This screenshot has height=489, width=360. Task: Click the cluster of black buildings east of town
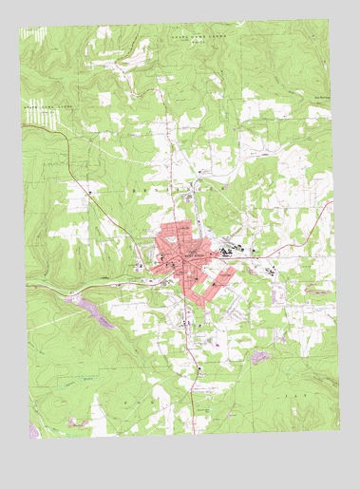click(229, 252)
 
